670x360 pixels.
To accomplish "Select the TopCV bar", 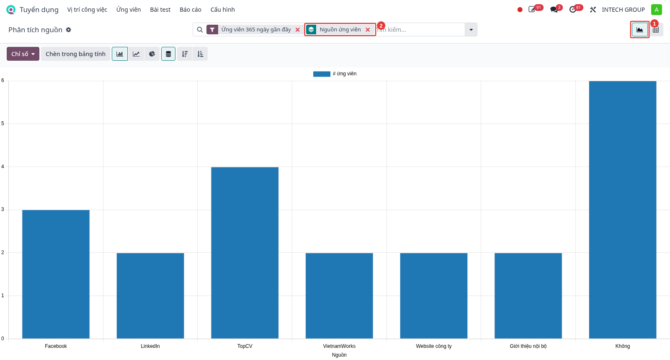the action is click(245, 253).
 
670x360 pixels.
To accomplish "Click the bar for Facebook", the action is click(56, 274).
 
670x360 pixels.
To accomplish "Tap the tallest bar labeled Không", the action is click(622, 210).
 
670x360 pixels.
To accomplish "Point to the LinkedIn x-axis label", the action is click(150, 346).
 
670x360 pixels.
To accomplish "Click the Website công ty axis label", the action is click(434, 346).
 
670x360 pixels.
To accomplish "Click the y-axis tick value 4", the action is click(3, 167).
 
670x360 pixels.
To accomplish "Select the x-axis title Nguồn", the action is click(339, 355).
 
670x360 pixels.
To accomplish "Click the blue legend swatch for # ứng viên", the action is click(322, 74).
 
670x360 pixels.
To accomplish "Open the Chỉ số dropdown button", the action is click(23, 54).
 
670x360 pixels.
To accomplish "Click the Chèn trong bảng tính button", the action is click(75, 54).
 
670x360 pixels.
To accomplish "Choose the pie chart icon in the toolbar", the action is click(152, 54).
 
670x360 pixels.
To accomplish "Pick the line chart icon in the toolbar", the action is click(136, 54).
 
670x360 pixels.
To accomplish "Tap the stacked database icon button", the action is click(168, 54).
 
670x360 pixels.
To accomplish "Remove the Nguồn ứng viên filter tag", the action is click(368, 30).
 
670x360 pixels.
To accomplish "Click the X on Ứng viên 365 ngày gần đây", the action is click(298, 30).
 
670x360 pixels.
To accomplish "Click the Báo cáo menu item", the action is click(191, 10).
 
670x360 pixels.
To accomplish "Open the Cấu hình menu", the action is click(222, 10).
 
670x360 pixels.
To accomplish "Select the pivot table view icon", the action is click(656, 30).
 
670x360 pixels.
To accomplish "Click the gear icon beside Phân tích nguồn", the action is click(69, 30).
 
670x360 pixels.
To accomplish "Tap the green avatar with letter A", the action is click(657, 10).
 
